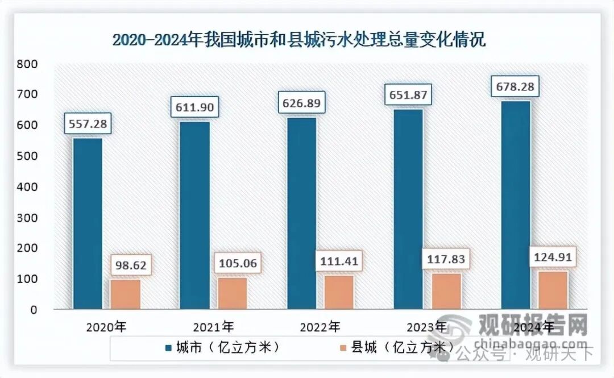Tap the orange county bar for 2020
[x=125, y=294]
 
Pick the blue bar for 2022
[x=301, y=213]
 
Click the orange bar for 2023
[x=446, y=291]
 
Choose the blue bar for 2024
[x=516, y=205]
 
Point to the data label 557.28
[x=88, y=123]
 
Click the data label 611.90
[x=194, y=107]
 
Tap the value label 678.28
[x=516, y=88]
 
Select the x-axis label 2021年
[x=214, y=327]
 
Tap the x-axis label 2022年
[x=320, y=327]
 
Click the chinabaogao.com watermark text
[x=531, y=343]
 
